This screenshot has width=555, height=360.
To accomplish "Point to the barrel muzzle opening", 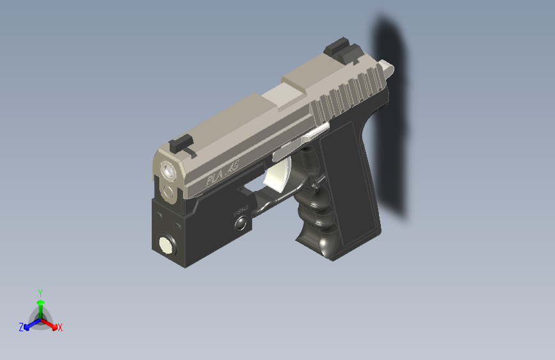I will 168,170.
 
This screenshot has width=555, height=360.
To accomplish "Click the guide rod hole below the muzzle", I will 168,191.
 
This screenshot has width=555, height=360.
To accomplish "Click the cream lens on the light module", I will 166,244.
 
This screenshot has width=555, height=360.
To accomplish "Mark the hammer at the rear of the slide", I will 387,66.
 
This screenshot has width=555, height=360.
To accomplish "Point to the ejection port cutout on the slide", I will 286,97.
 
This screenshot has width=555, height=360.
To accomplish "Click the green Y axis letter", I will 40,293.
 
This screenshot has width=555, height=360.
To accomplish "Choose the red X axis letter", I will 60,328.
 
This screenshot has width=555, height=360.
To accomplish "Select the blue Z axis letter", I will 21,327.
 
